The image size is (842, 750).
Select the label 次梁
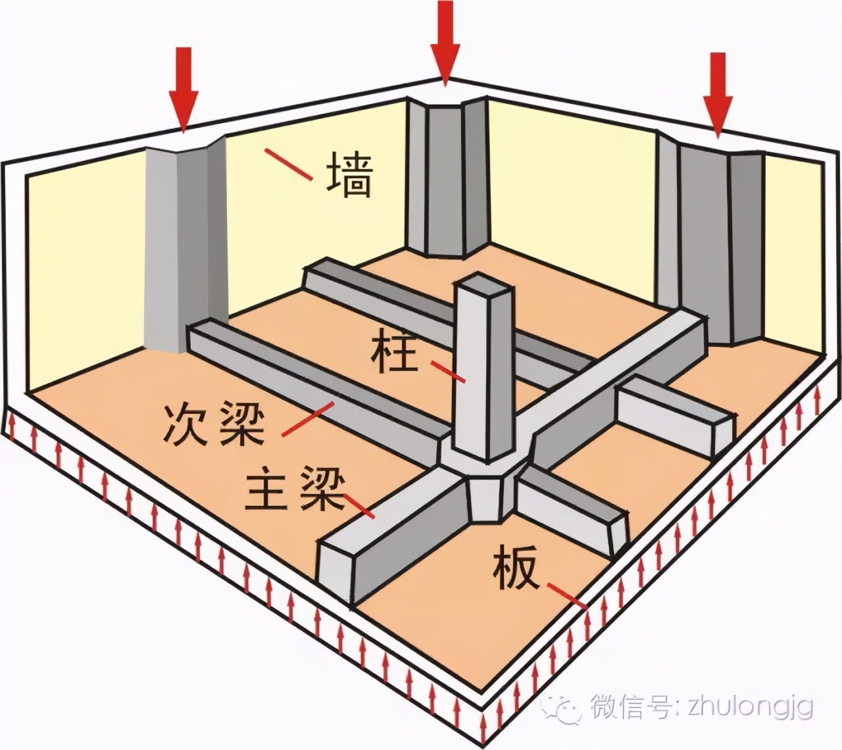(x=214, y=424)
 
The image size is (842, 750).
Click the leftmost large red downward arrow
(x=184, y=89)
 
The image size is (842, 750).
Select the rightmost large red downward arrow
(x=718, y=95)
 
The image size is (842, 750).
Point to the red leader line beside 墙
(x=287, y=164)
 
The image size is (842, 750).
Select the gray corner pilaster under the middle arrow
(x=445, y=178)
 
